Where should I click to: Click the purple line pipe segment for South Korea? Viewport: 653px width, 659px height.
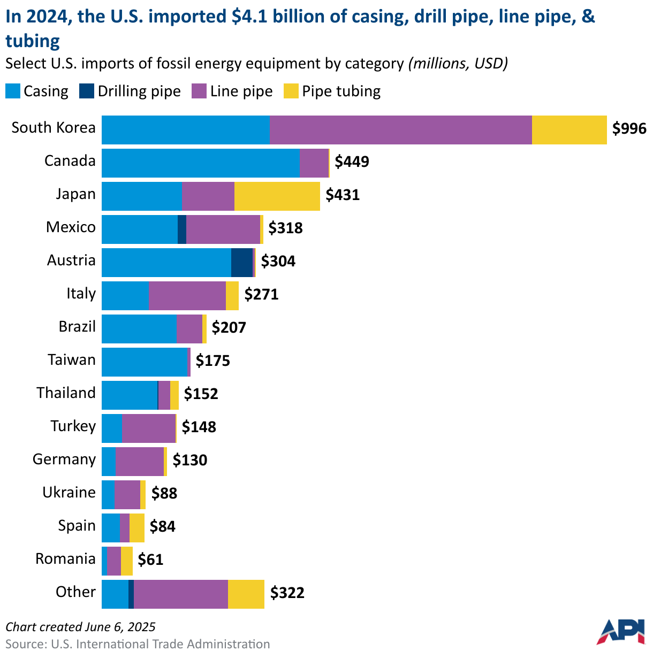[400, 130]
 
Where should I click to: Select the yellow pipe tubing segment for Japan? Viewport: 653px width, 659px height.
[277, 196]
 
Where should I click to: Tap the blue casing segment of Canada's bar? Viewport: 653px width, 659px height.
[200, 163]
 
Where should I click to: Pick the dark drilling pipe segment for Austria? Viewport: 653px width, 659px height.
[241, 263]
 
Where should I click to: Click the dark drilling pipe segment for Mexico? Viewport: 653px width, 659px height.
[182, 229]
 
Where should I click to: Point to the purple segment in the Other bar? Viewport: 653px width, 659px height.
[180, 594]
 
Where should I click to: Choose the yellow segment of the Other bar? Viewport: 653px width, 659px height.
[246, 594]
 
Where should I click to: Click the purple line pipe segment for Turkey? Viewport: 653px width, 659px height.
[148, 428]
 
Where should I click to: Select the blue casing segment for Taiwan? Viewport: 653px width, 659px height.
[145, 362]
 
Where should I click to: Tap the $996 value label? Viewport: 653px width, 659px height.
[629, 129]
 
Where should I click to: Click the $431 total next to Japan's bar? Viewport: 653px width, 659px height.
[343, 195]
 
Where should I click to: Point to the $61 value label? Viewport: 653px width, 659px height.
[150, 560]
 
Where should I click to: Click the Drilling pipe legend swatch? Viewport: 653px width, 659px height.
[86, 91]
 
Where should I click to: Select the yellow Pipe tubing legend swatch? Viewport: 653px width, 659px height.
[291, 91]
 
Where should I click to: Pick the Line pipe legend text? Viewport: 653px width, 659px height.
[241, 91]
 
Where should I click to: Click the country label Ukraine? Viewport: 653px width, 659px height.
[69, 493]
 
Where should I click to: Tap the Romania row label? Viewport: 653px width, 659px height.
[65, 559]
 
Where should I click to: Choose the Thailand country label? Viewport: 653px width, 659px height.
[66, 393]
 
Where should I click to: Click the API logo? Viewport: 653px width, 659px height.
[620, 632]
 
